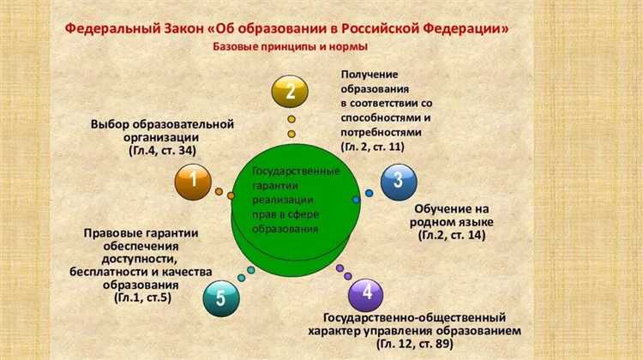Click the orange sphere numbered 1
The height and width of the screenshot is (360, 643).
pos(195,180)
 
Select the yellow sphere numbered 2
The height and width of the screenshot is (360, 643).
pos(291,91)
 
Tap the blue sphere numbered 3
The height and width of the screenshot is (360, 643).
pos(397,179)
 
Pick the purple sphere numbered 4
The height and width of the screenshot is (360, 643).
pos(367,292)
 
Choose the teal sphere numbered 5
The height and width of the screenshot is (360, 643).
pos(221,298)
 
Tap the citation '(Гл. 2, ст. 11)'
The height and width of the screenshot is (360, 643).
pos(373,147)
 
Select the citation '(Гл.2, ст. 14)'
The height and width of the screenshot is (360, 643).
pos(452,234)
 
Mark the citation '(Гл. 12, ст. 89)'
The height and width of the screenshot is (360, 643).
pos(414,343)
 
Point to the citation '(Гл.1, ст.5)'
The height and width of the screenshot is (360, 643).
pos(141,297)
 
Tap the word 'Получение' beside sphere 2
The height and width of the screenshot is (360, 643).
pos(370,75)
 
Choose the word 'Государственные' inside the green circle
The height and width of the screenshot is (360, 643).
pos(297,171)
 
